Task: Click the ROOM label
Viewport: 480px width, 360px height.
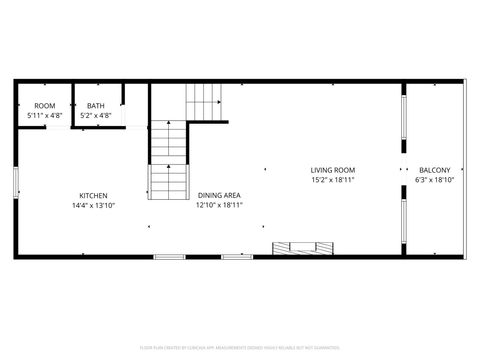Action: pyautogui.click(x=44, y=106)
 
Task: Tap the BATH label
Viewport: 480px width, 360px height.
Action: pyautogui.click(x=96, y=106)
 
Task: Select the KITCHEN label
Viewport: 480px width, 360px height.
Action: pyautogui.click(x=94, y=195)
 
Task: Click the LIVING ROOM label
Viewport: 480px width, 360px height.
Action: pyautogui.click(x=332, y=170)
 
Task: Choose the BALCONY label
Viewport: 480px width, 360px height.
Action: pyautogui.click(x=435, y=170)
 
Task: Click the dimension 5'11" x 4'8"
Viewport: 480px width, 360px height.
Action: pyautogui.click(x=44, y=116)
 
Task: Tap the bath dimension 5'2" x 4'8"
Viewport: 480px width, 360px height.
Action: pyautogui.click(x=96, y=116)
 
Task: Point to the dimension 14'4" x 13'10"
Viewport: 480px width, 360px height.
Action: pyautogui.click(x=94, y=205)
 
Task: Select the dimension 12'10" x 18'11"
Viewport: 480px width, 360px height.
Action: pyautogui.click(x=219, y=205)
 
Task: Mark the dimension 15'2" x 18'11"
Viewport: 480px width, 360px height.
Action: pyautogui.click(x=332, y=180)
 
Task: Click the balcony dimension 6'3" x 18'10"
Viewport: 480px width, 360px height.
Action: pyautogui.click(x=435, y=180)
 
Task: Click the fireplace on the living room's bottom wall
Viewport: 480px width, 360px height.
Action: pyautogui.click(x=302, y=247)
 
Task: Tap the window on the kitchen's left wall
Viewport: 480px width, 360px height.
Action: pyautogui.click(x=15, y=185)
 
